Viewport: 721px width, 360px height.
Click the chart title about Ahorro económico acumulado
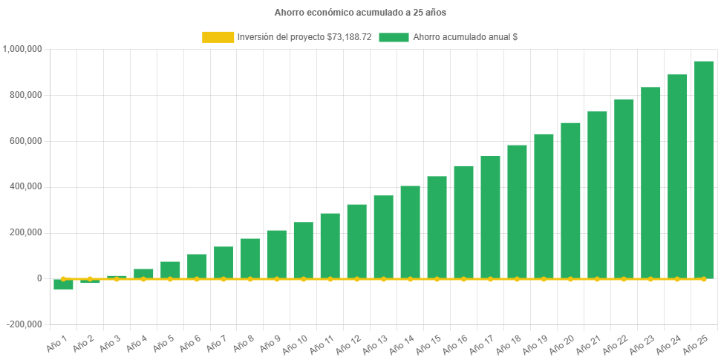click(360, 13)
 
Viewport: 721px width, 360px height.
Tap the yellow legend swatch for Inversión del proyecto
click(218, 37)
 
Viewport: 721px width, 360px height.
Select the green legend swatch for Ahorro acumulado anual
click(394, 37)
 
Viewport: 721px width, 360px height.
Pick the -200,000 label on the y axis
click(25, 324)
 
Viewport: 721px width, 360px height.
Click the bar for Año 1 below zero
click(64, 284)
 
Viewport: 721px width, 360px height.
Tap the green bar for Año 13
click(384, 237)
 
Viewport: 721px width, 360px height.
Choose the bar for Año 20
click(570, 200)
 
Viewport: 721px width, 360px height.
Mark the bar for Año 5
click(170, 270)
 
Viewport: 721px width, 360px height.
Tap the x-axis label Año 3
click(108, 343)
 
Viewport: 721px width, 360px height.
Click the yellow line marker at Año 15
click(437, 279)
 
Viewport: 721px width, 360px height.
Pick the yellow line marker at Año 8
click(250, 279)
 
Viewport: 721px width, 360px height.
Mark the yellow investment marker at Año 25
click(704, 279)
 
